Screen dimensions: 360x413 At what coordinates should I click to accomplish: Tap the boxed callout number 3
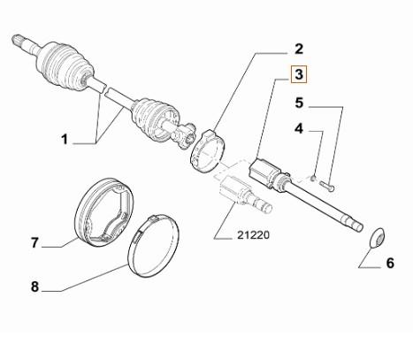click(300, 75)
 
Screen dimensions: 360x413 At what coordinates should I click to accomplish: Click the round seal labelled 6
click(375, 236)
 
